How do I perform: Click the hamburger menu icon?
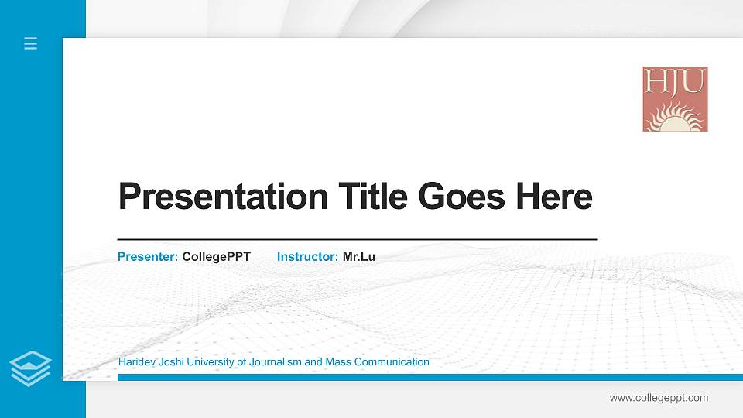click(x=30, y=43)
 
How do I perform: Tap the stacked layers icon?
click(x=30, y=368)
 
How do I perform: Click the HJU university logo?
click(x=675, y=98)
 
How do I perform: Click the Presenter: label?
click(x=148, y=256)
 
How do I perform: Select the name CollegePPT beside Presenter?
click(x=216, y=256)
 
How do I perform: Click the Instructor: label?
click(x=307, y=256)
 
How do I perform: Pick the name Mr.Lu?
click(x=358, y=256)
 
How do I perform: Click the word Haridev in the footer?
click(x=136, y=361)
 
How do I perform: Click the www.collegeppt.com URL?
click(x=659, y=398)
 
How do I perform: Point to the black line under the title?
click(x=357, y=240)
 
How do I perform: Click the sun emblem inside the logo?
click(x=674, y=118)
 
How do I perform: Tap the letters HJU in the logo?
click(x=675, y=81)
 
